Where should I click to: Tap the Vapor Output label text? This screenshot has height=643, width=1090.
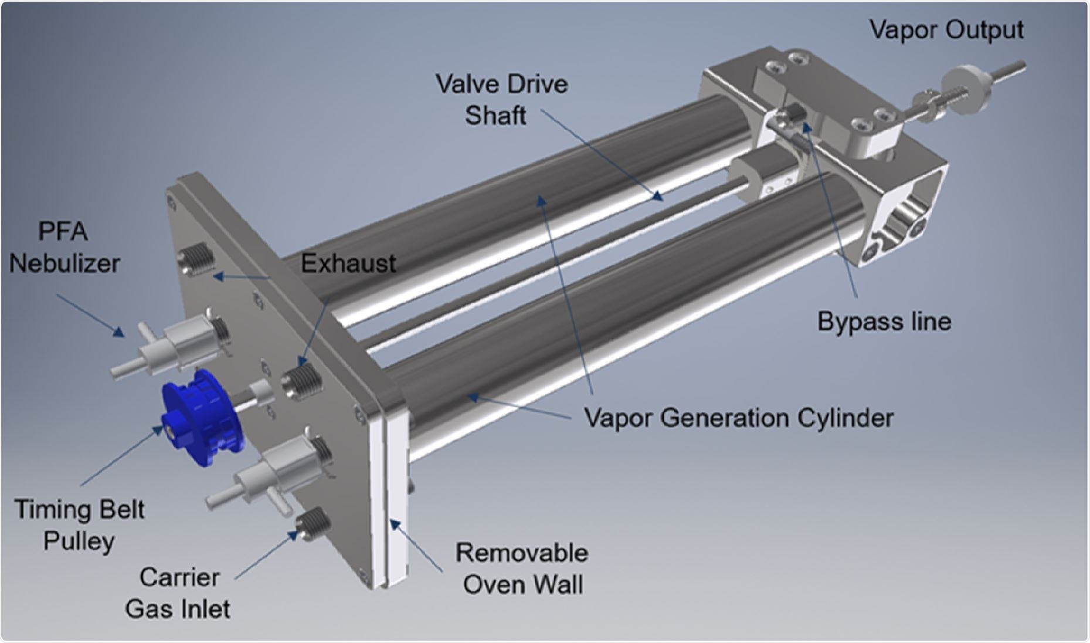[946, 29]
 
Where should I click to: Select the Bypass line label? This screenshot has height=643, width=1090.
[884, 321]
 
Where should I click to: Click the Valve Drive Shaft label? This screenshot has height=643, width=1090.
[501, 99]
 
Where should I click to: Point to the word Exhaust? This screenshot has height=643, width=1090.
[348, 263]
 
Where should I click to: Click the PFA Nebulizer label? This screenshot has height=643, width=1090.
[64, 247]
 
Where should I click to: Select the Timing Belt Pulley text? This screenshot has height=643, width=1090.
[79, 524]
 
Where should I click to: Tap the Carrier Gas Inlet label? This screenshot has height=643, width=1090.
[178, 593]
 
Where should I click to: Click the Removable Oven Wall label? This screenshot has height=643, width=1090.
[522, 568]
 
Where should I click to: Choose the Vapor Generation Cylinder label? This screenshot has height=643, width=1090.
[739, 418]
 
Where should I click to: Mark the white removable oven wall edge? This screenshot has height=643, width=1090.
[393, 499]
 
